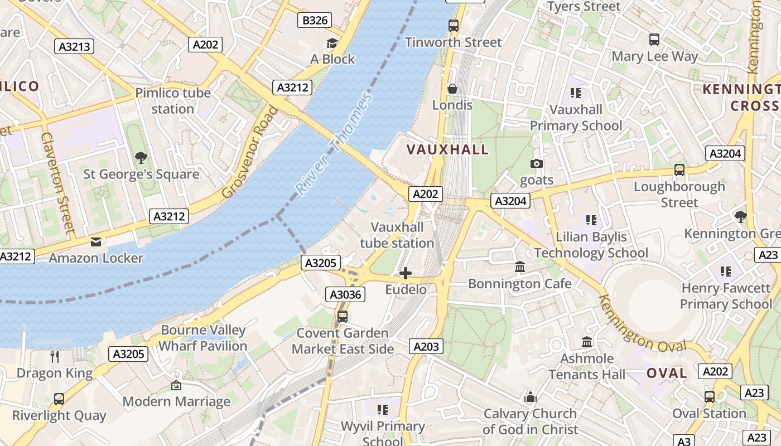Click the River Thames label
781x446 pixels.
click(335, 144)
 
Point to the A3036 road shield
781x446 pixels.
click(346, 294)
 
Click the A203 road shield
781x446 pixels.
click(426, 346)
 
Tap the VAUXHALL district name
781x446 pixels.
click(447, 149)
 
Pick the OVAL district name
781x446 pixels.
click(667, 373)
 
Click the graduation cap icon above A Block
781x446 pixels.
click(332, 43)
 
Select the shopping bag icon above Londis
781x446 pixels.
click(452, 89)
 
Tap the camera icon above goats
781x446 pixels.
click(537, 163)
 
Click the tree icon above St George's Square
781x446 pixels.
click(141, 158)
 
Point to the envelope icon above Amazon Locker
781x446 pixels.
click(96, 242)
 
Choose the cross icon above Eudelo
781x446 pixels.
click(406, 273)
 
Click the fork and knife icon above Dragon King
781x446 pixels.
click(55, 357)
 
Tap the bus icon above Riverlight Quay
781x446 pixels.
click(59, 399)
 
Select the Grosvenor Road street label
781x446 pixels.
click(250, 152)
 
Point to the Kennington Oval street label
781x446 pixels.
click(642, 323)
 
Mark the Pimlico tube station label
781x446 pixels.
click(173, 100)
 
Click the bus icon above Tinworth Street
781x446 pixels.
click(454, 26)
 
